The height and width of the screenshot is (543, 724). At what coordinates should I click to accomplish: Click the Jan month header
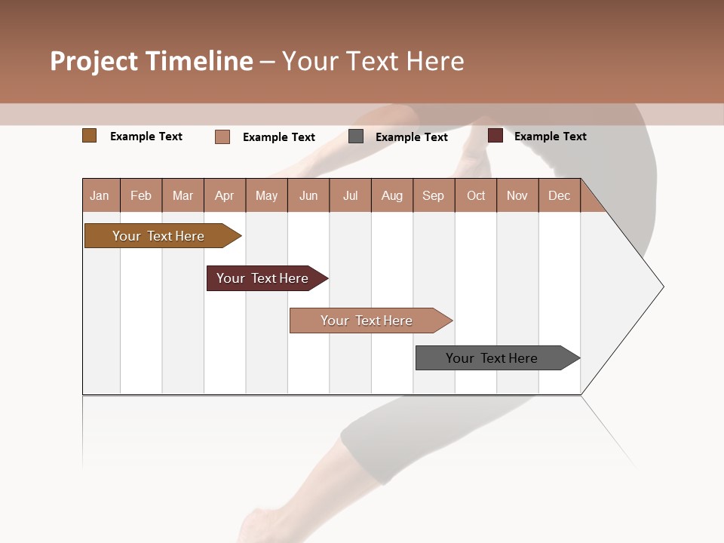[x=100, y=195]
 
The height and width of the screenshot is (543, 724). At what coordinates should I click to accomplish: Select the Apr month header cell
[x=225, y=195]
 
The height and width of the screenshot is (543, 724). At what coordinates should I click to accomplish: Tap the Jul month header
[x=351, y=195]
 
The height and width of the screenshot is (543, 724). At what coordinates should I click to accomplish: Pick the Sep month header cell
[x=434, y=195]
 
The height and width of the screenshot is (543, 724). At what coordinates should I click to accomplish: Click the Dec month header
[x=560, y=195]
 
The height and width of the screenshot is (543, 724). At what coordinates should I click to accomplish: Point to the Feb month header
[x=141, y=195]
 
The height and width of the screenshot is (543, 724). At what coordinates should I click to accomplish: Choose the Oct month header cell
[x=476, y=195]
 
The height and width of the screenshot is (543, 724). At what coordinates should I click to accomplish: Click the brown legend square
[x=90, y=136]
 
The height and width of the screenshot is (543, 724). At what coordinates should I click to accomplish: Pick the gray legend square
[x=356, y=137]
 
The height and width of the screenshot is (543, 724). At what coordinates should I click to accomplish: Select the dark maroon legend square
[x=495, y=136]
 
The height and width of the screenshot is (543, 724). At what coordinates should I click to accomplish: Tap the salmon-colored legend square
[x=222, y=137]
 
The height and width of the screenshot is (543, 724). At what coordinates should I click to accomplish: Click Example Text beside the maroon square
[x=550, y=136]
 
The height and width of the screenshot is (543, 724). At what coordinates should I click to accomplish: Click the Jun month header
[x=308, y=195]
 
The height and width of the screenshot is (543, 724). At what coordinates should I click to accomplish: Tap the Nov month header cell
[x=517, y=195]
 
